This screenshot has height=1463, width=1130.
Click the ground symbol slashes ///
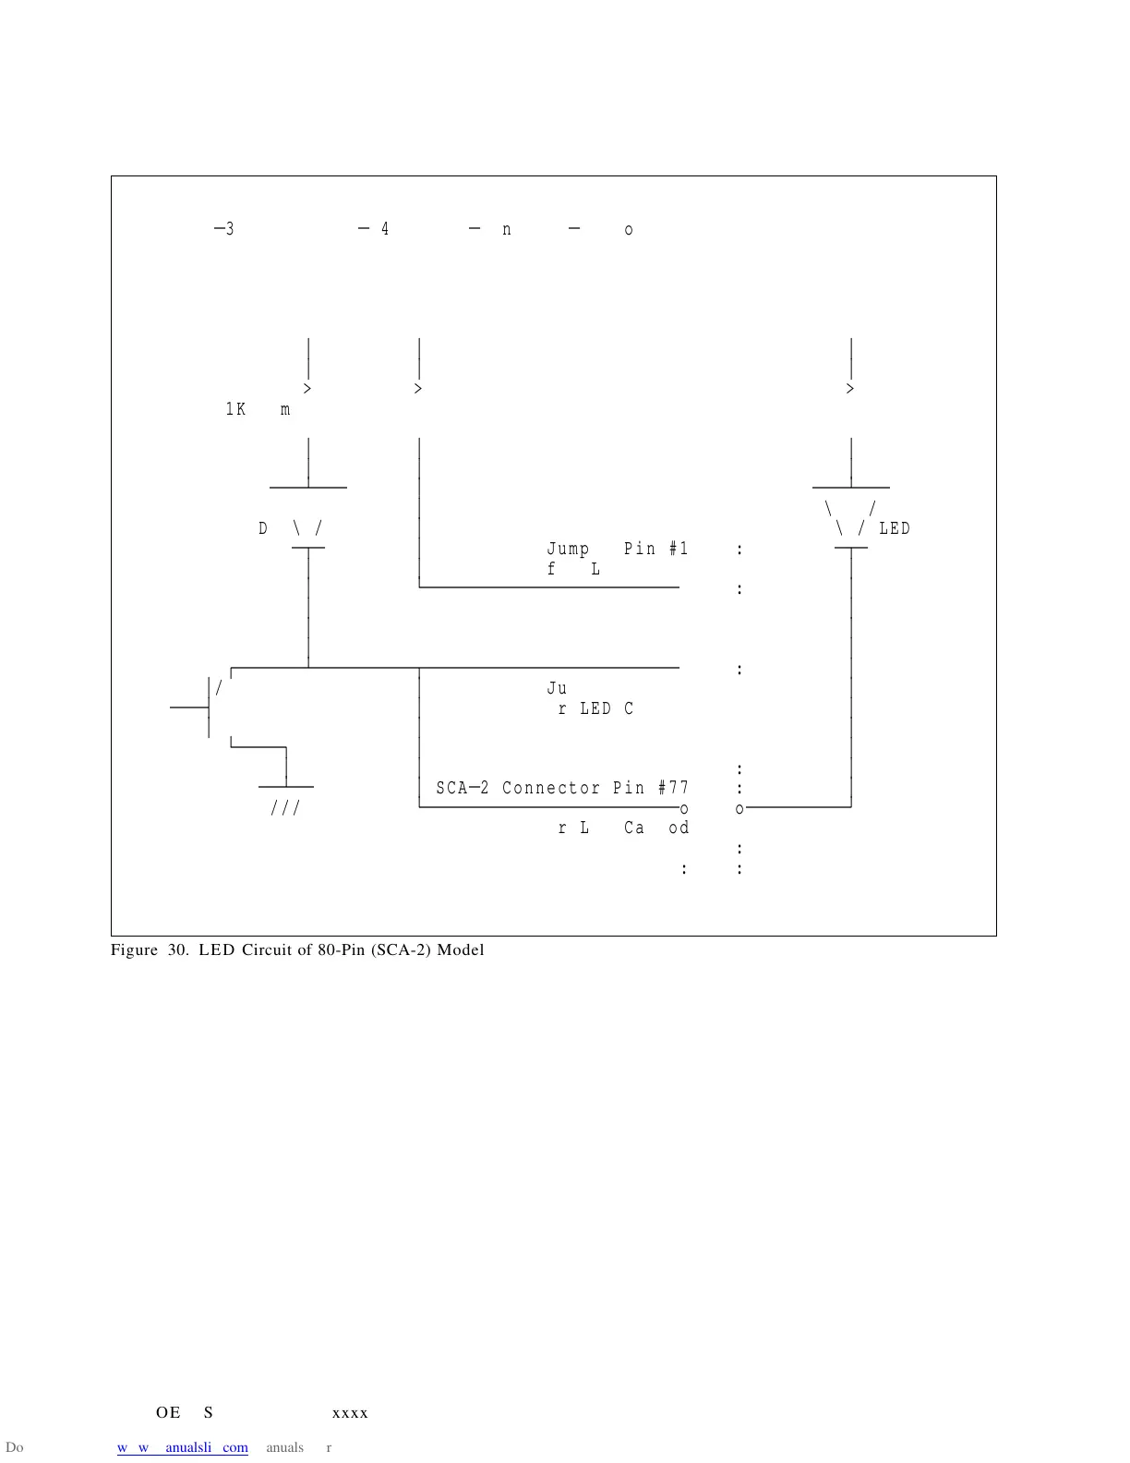(285, 808)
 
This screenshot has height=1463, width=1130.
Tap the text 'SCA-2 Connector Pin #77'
(562, 788)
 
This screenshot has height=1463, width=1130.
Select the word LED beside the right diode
(895, 528)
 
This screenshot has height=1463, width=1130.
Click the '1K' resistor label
(235, 409)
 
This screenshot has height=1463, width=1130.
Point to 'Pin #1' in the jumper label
(655, 549)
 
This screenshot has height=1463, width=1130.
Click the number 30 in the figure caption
(177, 950)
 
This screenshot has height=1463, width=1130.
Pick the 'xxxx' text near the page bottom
(350, 1413)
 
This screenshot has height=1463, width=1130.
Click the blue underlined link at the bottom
(182, 1447)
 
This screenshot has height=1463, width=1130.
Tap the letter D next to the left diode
(263, 528)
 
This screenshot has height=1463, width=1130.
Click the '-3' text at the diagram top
(224, 229)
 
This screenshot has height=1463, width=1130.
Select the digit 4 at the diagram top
(385, 229)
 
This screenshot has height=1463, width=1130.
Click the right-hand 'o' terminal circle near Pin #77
(739, 809)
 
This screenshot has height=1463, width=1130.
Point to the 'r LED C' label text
(595, 708)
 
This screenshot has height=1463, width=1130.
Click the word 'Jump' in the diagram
(568, 549)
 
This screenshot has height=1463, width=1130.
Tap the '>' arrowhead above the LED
(850, 389)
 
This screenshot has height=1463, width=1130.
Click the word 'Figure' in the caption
(134, 950)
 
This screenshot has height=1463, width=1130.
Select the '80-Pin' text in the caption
(342, 950)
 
